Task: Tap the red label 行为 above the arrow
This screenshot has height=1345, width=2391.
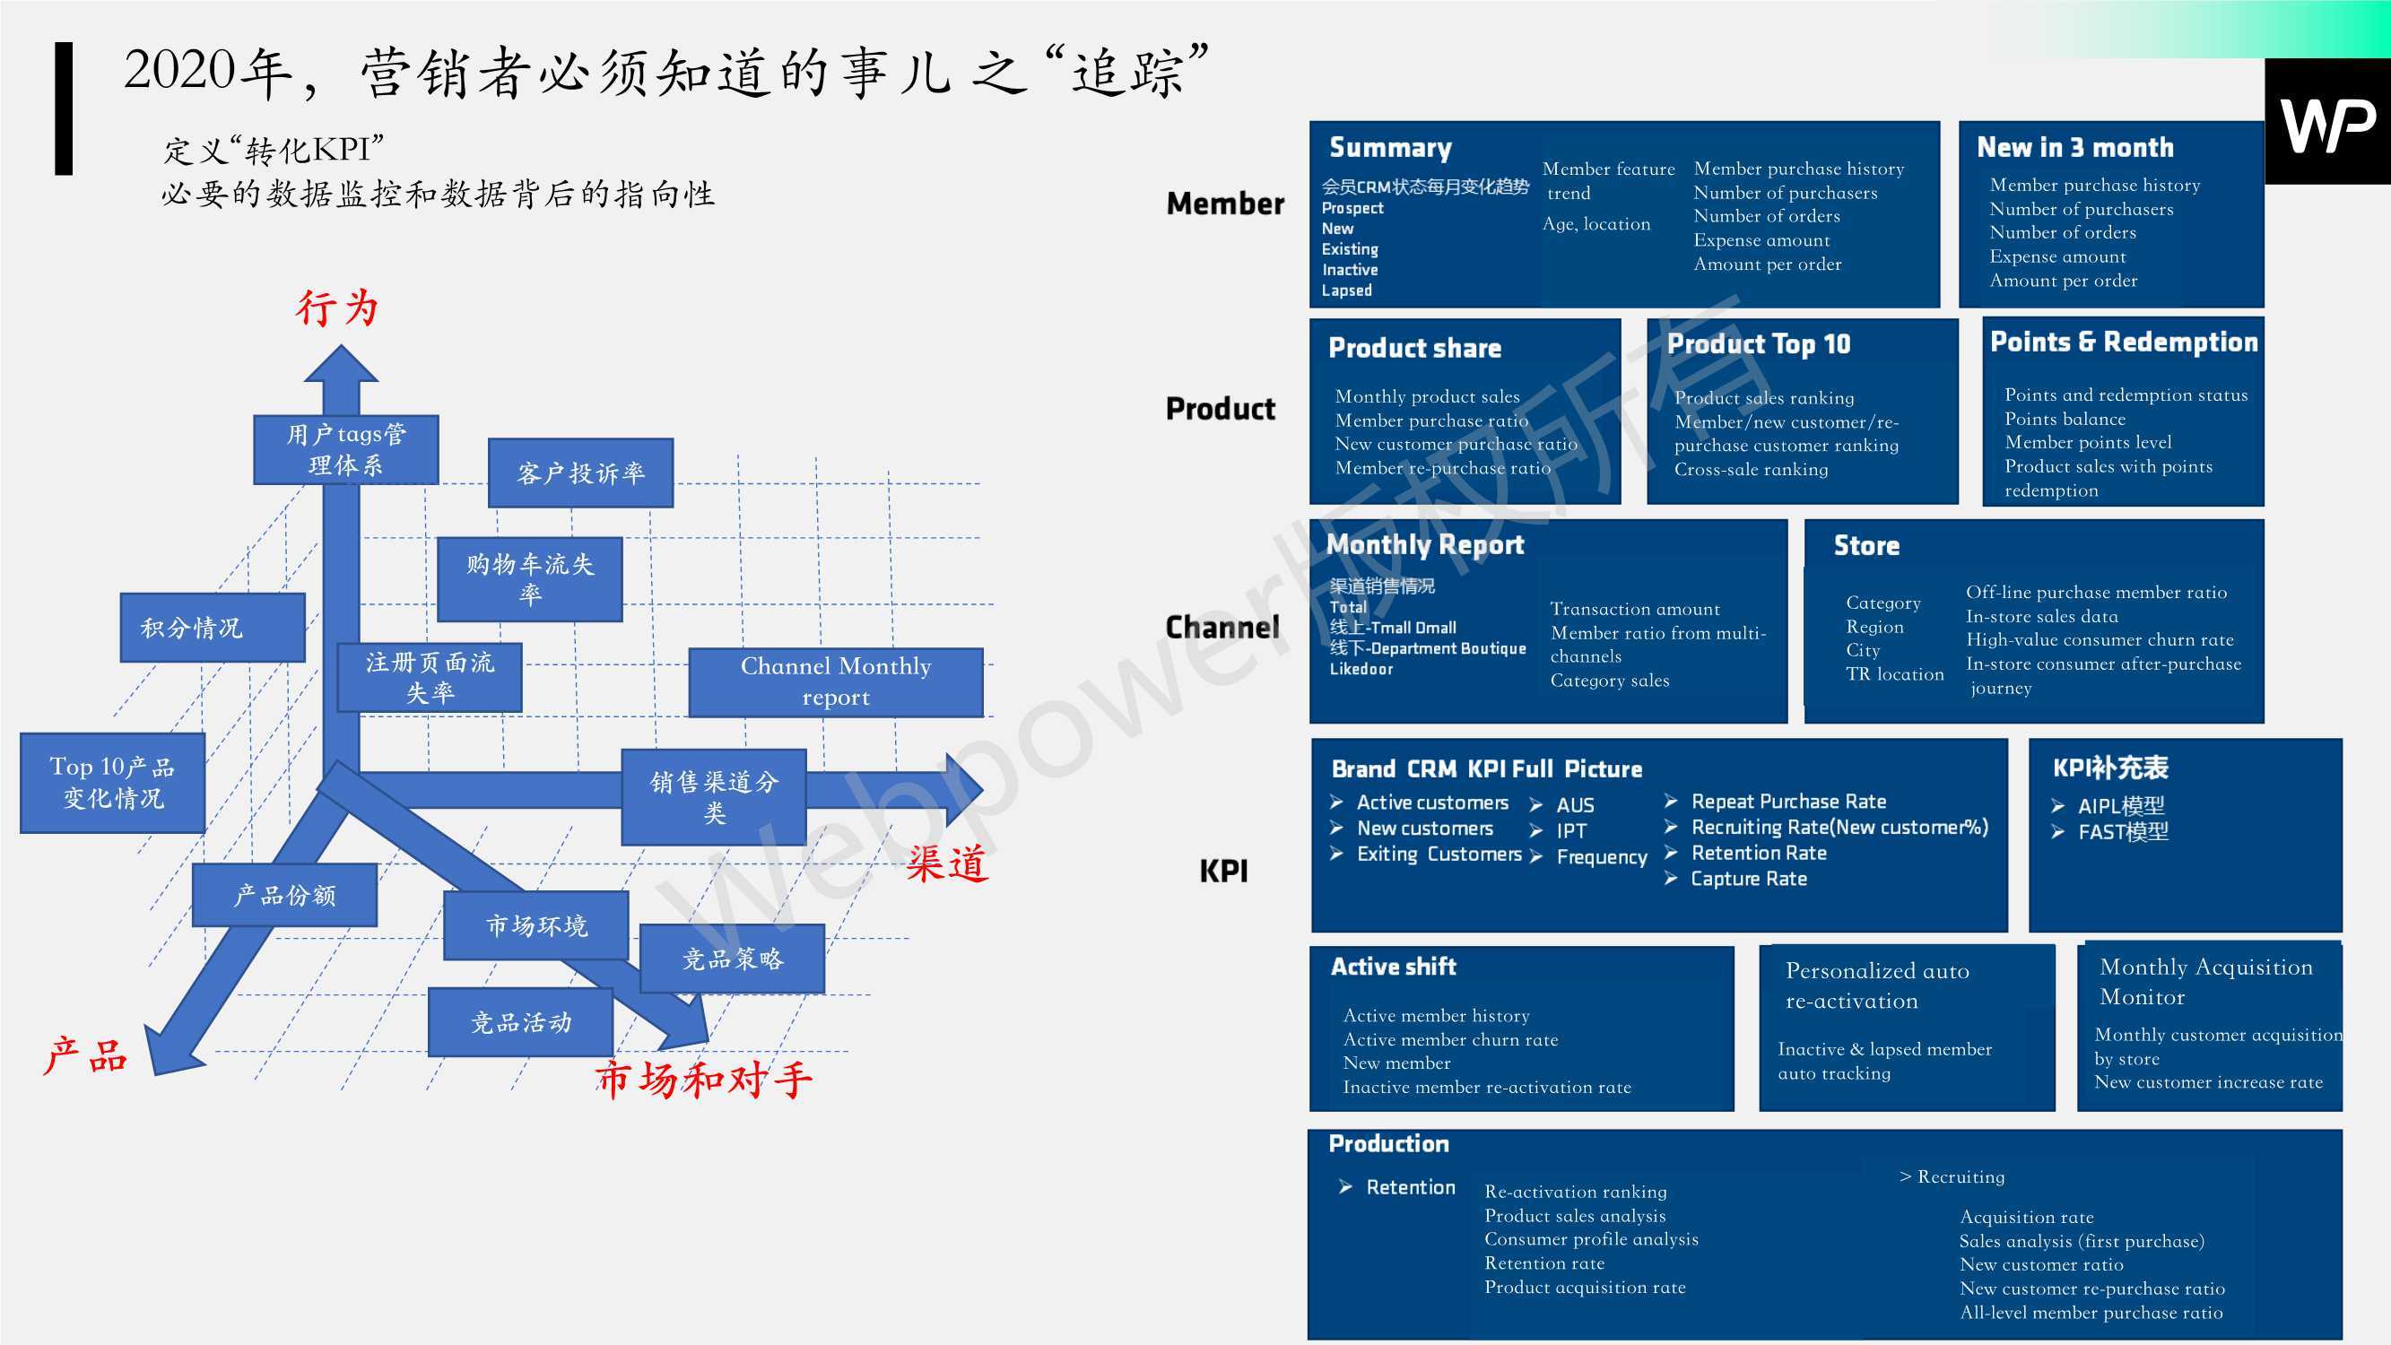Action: coord(337,308)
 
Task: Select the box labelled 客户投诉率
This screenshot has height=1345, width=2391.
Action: coord(581,473)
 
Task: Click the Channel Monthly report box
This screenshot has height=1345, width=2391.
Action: coord(835,682)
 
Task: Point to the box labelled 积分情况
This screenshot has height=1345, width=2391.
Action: coord(213,628)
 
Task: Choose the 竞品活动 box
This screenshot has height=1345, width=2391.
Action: coord(521,1022)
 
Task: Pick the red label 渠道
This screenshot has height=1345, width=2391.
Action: coord(947,863)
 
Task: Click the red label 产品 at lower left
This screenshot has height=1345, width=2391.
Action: coord(85,1055)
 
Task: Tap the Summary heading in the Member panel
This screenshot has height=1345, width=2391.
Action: coord(1390,148)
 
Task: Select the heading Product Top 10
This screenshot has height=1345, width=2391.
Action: coord(1759,344)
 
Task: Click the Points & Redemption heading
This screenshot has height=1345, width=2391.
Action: coord(2124,342)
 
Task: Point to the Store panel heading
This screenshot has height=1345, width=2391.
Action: coord(1866,546)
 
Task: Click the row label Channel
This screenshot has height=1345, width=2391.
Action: coord(1222,628)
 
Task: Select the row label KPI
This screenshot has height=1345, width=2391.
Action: coord(1223,871)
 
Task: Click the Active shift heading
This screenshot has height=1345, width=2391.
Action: coord(1393,967)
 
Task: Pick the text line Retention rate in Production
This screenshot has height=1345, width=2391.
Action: coord(1544,1263)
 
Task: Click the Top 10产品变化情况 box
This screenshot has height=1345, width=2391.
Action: coord(112,783)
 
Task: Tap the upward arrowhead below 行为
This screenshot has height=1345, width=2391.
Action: coord(342,364)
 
